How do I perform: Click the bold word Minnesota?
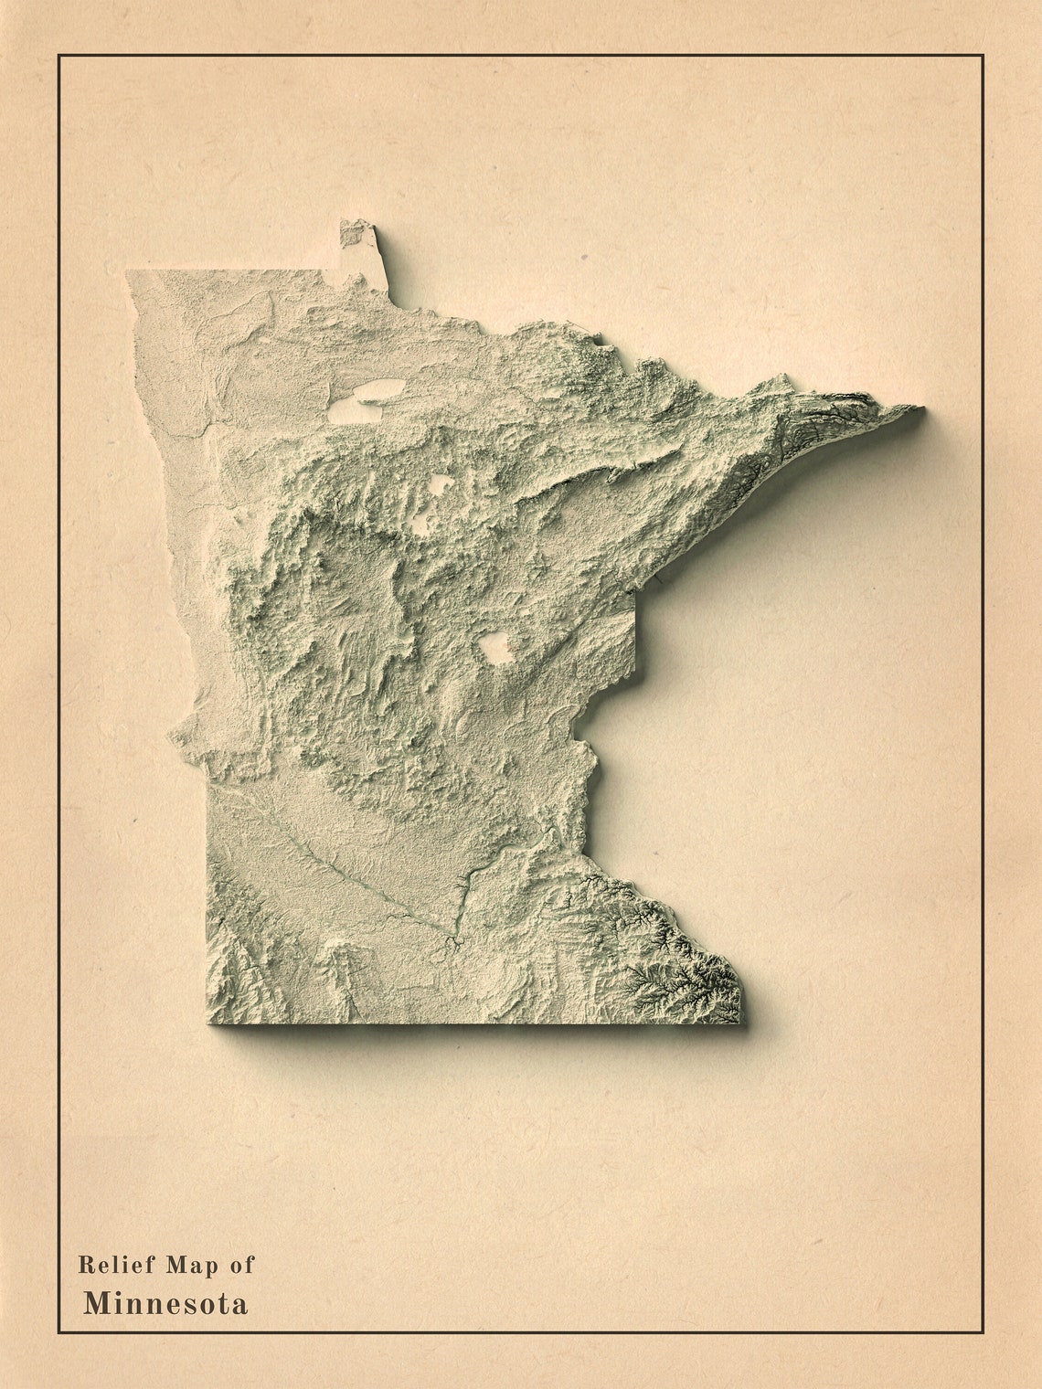point(165,1303)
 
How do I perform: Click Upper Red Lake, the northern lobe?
point(379,390)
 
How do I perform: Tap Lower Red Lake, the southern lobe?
point(355,411)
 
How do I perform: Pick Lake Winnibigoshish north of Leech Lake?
point(441,484)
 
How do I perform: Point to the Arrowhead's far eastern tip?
point(920,410)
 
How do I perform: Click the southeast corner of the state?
point(739,1020)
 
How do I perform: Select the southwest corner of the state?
point(211,1020)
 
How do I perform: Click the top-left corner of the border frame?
point(59,56)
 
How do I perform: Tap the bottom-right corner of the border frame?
point(983,1332)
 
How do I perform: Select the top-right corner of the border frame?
point(983,56)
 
